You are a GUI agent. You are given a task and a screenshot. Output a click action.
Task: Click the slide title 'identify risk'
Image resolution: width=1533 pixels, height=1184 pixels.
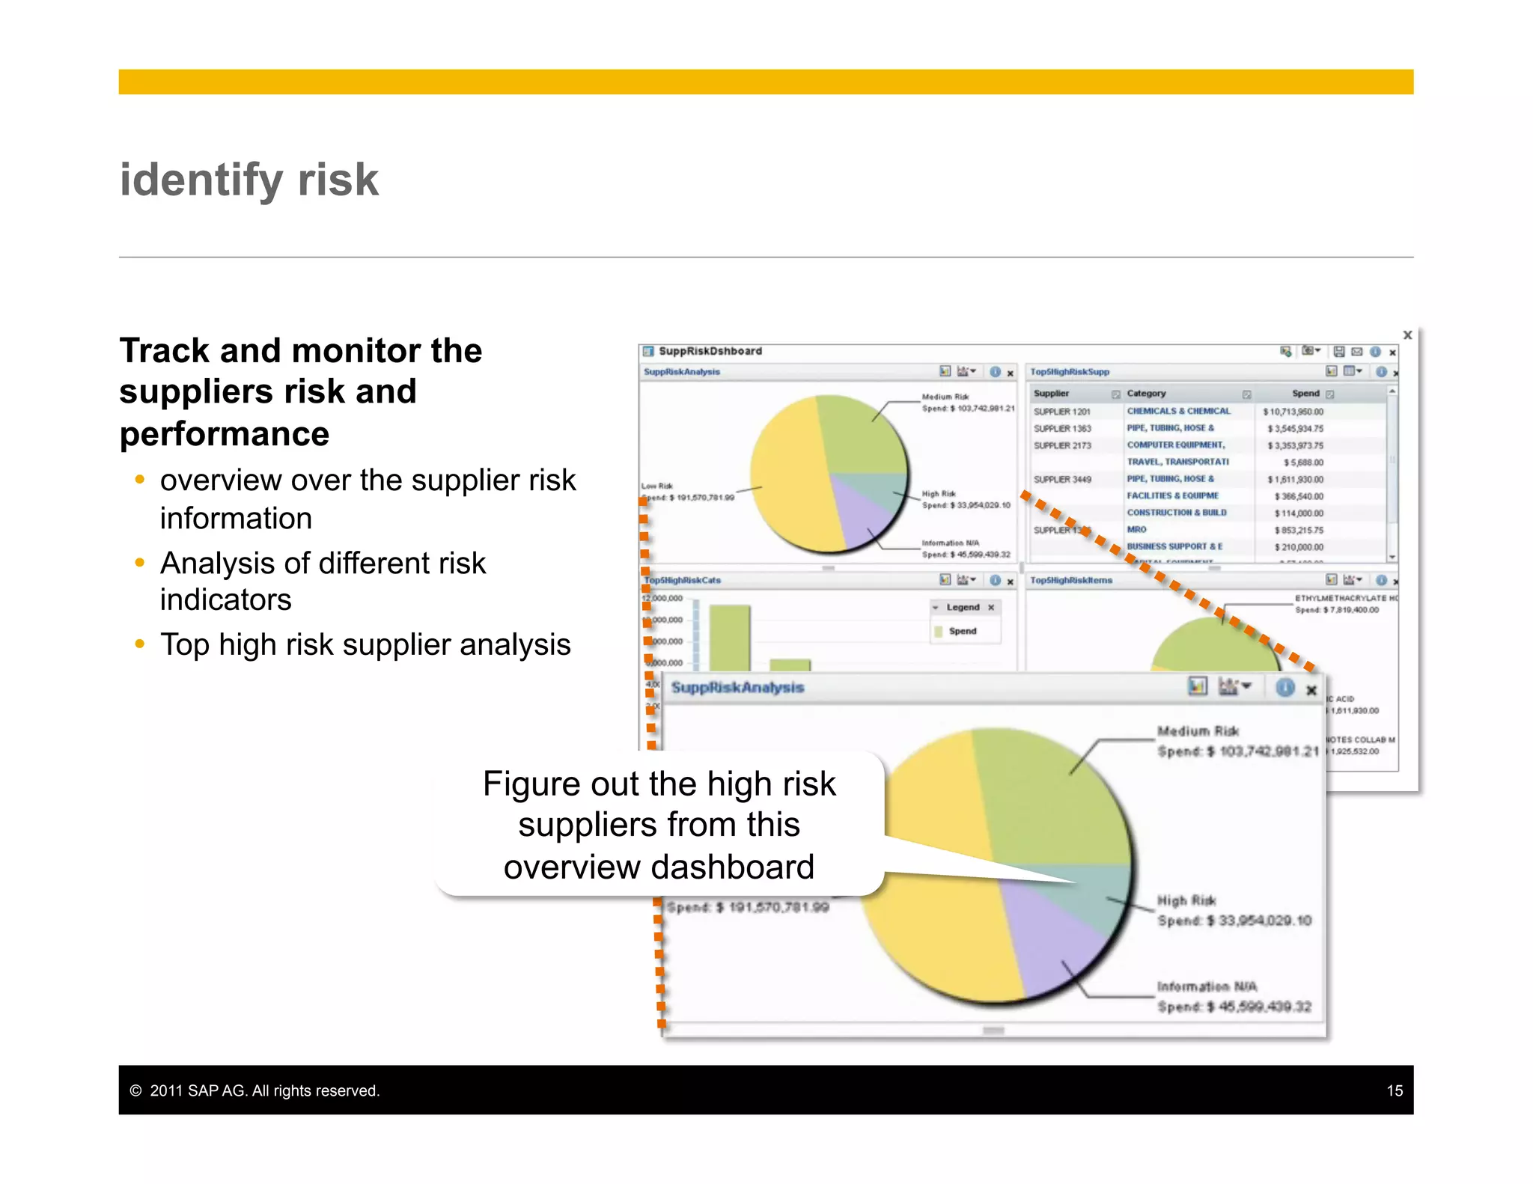click(x=249, y=180)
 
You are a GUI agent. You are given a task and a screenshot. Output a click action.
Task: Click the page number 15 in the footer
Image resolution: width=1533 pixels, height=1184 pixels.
click(x=1394, y=1090)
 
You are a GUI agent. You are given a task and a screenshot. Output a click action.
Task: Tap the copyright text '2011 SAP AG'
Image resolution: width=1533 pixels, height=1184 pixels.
click(x=198, y=1090)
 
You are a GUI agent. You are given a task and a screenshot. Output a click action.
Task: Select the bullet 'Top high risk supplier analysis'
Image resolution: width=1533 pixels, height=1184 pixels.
click(x=365, y=644)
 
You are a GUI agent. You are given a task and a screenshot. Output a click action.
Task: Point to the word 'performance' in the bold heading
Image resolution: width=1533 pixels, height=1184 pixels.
click(x=225, y=434)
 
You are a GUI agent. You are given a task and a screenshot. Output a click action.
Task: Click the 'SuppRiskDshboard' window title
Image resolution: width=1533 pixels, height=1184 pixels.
click(x=710, y=351)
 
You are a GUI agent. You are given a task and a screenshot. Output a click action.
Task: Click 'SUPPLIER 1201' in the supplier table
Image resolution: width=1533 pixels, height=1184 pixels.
click(x=1061, y=412)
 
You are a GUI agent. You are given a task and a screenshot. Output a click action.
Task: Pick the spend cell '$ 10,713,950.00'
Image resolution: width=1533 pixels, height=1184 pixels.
click(x=1293, y=412)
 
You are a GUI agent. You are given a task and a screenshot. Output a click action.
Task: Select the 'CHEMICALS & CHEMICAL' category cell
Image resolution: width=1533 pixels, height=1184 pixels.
click(x=1178, y=411)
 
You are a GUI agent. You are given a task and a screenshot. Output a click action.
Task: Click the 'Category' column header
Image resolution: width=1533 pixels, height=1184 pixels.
click(x=1146, y=394)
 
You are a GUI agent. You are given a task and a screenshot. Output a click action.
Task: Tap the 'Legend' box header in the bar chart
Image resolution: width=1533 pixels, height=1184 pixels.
click(x=963, y=607)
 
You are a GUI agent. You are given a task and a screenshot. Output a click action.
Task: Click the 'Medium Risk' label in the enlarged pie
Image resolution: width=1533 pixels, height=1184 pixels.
click(x=1198, y=730)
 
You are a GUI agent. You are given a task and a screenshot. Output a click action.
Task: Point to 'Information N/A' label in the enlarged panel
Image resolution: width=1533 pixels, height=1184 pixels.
click(x=1206, y=986)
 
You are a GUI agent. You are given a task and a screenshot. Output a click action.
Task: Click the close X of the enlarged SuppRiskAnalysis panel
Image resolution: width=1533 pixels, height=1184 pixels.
click(x=1311, y=690)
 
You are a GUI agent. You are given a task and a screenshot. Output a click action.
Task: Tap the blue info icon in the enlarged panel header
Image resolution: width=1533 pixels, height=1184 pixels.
click(x=1284, y=688)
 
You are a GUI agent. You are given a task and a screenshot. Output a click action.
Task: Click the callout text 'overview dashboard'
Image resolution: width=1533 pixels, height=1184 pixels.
click(x=658, y=867)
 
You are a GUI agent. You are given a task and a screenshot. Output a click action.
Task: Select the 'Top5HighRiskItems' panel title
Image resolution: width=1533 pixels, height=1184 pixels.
click(x=1071, y=580)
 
